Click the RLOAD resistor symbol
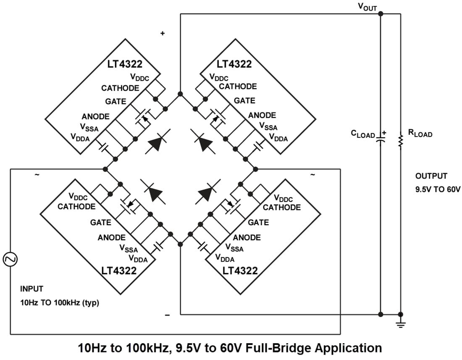(x=400, y=143)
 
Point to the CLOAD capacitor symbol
(x=380, y=139)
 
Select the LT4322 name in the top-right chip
(x=234, y=64)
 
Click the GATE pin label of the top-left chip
(x=115, y=102)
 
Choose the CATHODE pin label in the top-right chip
(x=238, y=87)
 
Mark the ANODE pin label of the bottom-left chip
(x=111, y=238)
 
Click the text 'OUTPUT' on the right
(x=431, y=176)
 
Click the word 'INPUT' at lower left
(x=31, y=289)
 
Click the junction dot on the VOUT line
(x=380, y=14)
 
